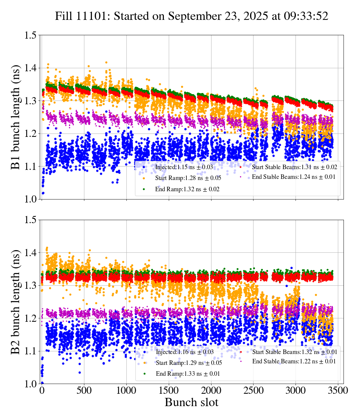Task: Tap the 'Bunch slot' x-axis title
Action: pyautogui.click(x=191, y=403)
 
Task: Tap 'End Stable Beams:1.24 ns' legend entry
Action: pyautogui.click(x=294, y=177)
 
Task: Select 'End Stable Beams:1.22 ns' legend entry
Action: pyautogui.click(x=294, y=361)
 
